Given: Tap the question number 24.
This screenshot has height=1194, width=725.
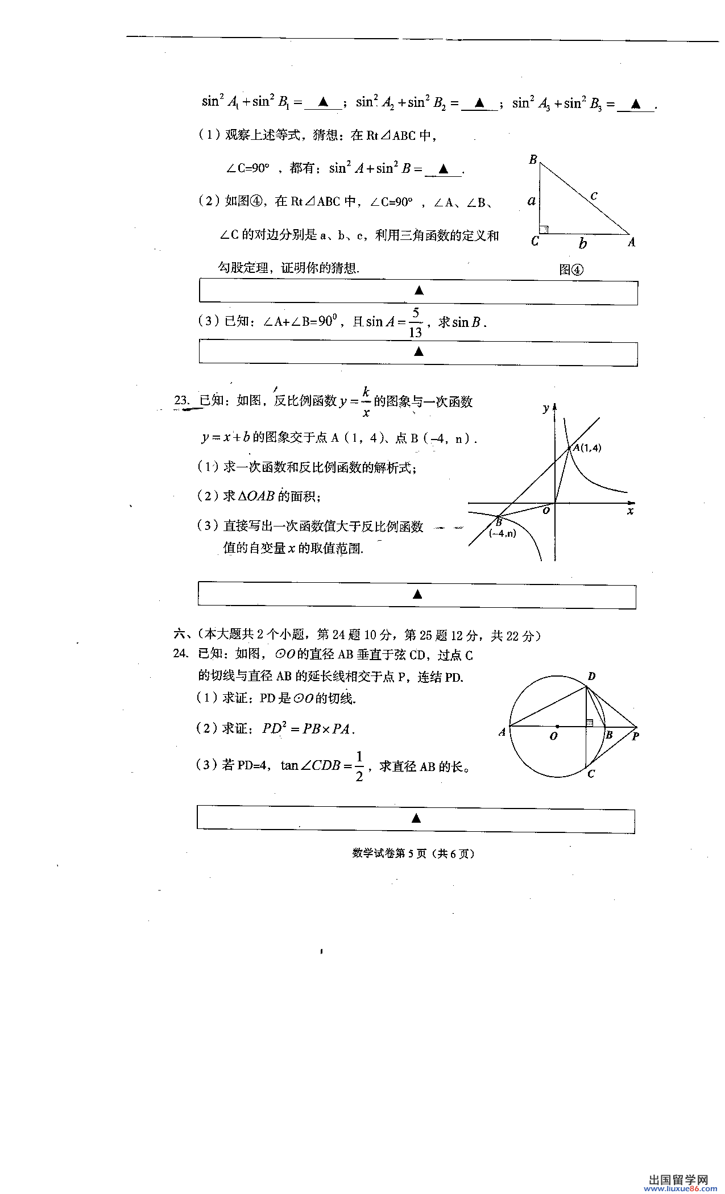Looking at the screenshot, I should pos(181,653).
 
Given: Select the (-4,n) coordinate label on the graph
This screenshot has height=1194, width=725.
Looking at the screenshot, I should pos(502,533).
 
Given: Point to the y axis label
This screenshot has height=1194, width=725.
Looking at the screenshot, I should pos(545,408).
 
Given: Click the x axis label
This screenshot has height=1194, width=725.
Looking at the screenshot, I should pos(630,511).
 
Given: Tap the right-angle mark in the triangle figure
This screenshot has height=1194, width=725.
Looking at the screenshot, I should pos(544,229).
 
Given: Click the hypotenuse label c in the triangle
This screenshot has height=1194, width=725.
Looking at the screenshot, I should pos(594,196).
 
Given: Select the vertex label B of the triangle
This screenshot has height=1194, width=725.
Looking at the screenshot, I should pos(533,159).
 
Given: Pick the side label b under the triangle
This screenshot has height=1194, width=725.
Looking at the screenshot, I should pos(583,243).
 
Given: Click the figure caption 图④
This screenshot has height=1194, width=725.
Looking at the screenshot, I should pos(571,270).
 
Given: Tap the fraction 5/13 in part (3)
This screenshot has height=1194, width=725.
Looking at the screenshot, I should pos(416,322).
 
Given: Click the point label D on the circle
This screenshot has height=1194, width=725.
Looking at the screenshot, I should pos(591,676).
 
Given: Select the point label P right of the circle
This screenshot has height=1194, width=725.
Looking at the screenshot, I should pos(635,736).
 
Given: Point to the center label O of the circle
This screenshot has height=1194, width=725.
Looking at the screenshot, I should pos(553,736).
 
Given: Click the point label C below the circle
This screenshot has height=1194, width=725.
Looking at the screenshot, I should pos(591,774).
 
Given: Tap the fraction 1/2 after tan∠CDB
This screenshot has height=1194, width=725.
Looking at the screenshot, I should pos(359,766).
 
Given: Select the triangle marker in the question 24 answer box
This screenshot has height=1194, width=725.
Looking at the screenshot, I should pos(416,818).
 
